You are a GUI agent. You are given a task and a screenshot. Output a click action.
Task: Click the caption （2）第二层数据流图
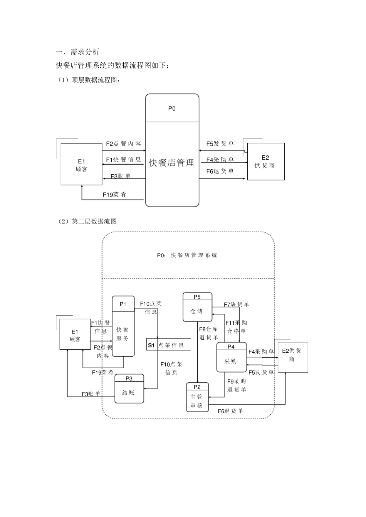coord(86,221)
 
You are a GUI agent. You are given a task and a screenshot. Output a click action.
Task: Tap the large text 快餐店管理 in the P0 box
coord(172,163)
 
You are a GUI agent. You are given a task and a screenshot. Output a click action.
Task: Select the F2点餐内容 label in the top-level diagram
coord(123,144)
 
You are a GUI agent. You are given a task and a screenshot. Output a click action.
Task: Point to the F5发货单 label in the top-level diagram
coord(220,144)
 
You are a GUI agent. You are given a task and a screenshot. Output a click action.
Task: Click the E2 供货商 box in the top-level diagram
coord(265,162)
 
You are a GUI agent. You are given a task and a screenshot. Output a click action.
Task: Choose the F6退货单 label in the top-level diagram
coord(220,171)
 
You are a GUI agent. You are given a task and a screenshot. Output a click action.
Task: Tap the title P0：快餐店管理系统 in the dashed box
coord(187,255)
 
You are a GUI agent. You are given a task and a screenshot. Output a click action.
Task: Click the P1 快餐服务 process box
coord(123,326)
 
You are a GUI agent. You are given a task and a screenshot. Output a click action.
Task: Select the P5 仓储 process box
coord(197,307)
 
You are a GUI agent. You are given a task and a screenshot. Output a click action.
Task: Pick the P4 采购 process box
coord(231,357)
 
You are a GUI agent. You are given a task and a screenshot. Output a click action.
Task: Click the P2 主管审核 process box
coord(197,397)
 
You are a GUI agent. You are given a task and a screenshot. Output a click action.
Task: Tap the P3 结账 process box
coord(129,389)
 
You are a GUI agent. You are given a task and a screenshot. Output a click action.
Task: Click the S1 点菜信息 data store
coord(168,345)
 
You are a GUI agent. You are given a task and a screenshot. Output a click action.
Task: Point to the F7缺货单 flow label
coord(237,304)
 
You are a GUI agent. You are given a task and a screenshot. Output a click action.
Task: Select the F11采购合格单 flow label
coord(236,327)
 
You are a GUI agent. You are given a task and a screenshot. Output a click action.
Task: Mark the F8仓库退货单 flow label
coord(208,333)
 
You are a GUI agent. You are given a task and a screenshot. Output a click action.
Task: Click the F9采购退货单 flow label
coord(236,385)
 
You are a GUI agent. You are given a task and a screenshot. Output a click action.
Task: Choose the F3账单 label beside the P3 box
coord(91,394)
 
